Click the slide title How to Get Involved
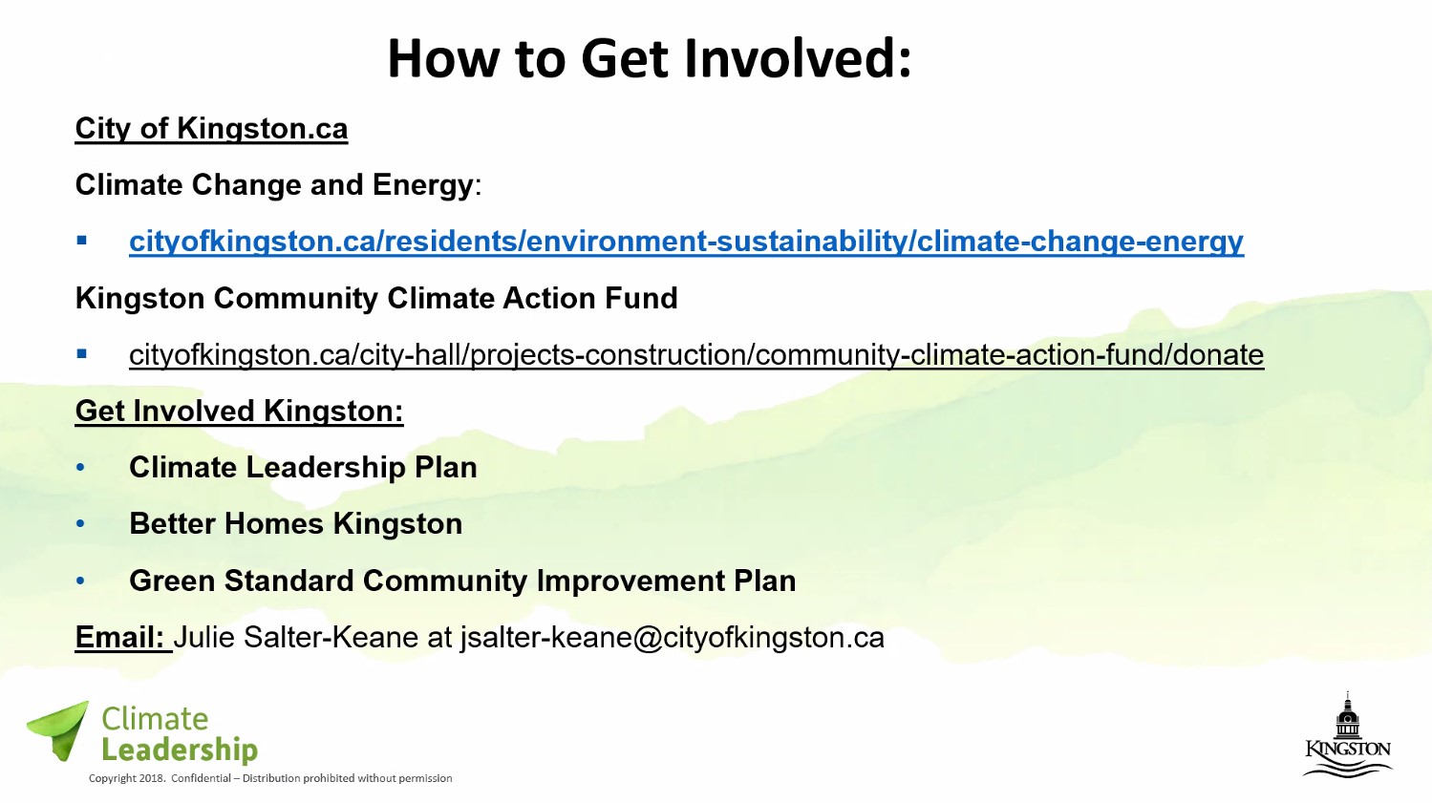(649, 58)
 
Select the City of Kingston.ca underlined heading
(212, 129)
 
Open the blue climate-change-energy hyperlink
(687, 242)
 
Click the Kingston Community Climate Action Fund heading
(376, 298)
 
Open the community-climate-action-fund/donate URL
(696, 355)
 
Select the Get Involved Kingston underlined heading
(239, 411)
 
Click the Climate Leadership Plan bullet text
(303, 468)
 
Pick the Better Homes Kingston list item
(296, 524)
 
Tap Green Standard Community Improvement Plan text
(462, 581)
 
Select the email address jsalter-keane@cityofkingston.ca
(673, 638)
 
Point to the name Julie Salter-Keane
(296, 637)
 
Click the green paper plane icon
(59, 730)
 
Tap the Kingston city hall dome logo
(1348, 735)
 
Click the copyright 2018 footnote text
(270, 778)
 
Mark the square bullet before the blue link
(81, 241)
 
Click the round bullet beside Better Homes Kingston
(80, 524)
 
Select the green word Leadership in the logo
(180, 750)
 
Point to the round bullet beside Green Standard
(80, 581)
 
